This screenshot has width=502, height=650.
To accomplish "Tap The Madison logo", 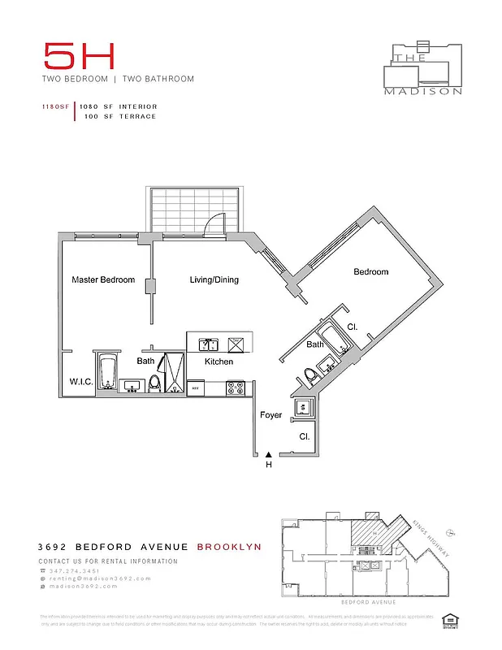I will click(x=423, y=68).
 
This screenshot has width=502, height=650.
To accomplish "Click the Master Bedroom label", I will click(x=103, y=280).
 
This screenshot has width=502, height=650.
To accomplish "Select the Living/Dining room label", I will click(x=214, y=280).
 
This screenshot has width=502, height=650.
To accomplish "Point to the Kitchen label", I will click(x=219, y=362).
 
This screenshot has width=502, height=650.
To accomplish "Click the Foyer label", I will click(x=270, y=415).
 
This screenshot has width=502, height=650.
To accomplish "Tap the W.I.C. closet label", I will click(x=80, y=382).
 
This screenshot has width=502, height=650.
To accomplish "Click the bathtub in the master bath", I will click(x=106, y=372).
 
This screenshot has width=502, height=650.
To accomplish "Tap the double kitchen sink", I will click(x=207, y=344).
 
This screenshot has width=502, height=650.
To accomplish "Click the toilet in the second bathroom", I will click(x=309, y=375).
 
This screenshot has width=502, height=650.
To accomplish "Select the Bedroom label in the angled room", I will click(x=370, y=272).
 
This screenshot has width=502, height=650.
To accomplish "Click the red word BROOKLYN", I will click(x=229, y=547).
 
